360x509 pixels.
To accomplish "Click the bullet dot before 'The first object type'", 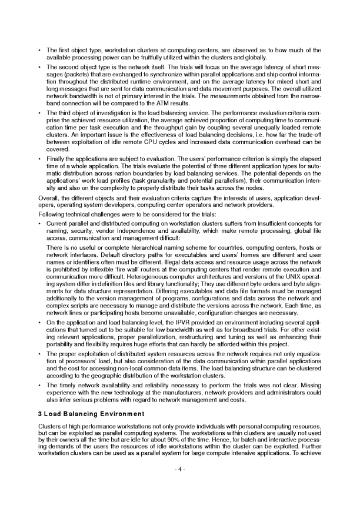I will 39,50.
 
